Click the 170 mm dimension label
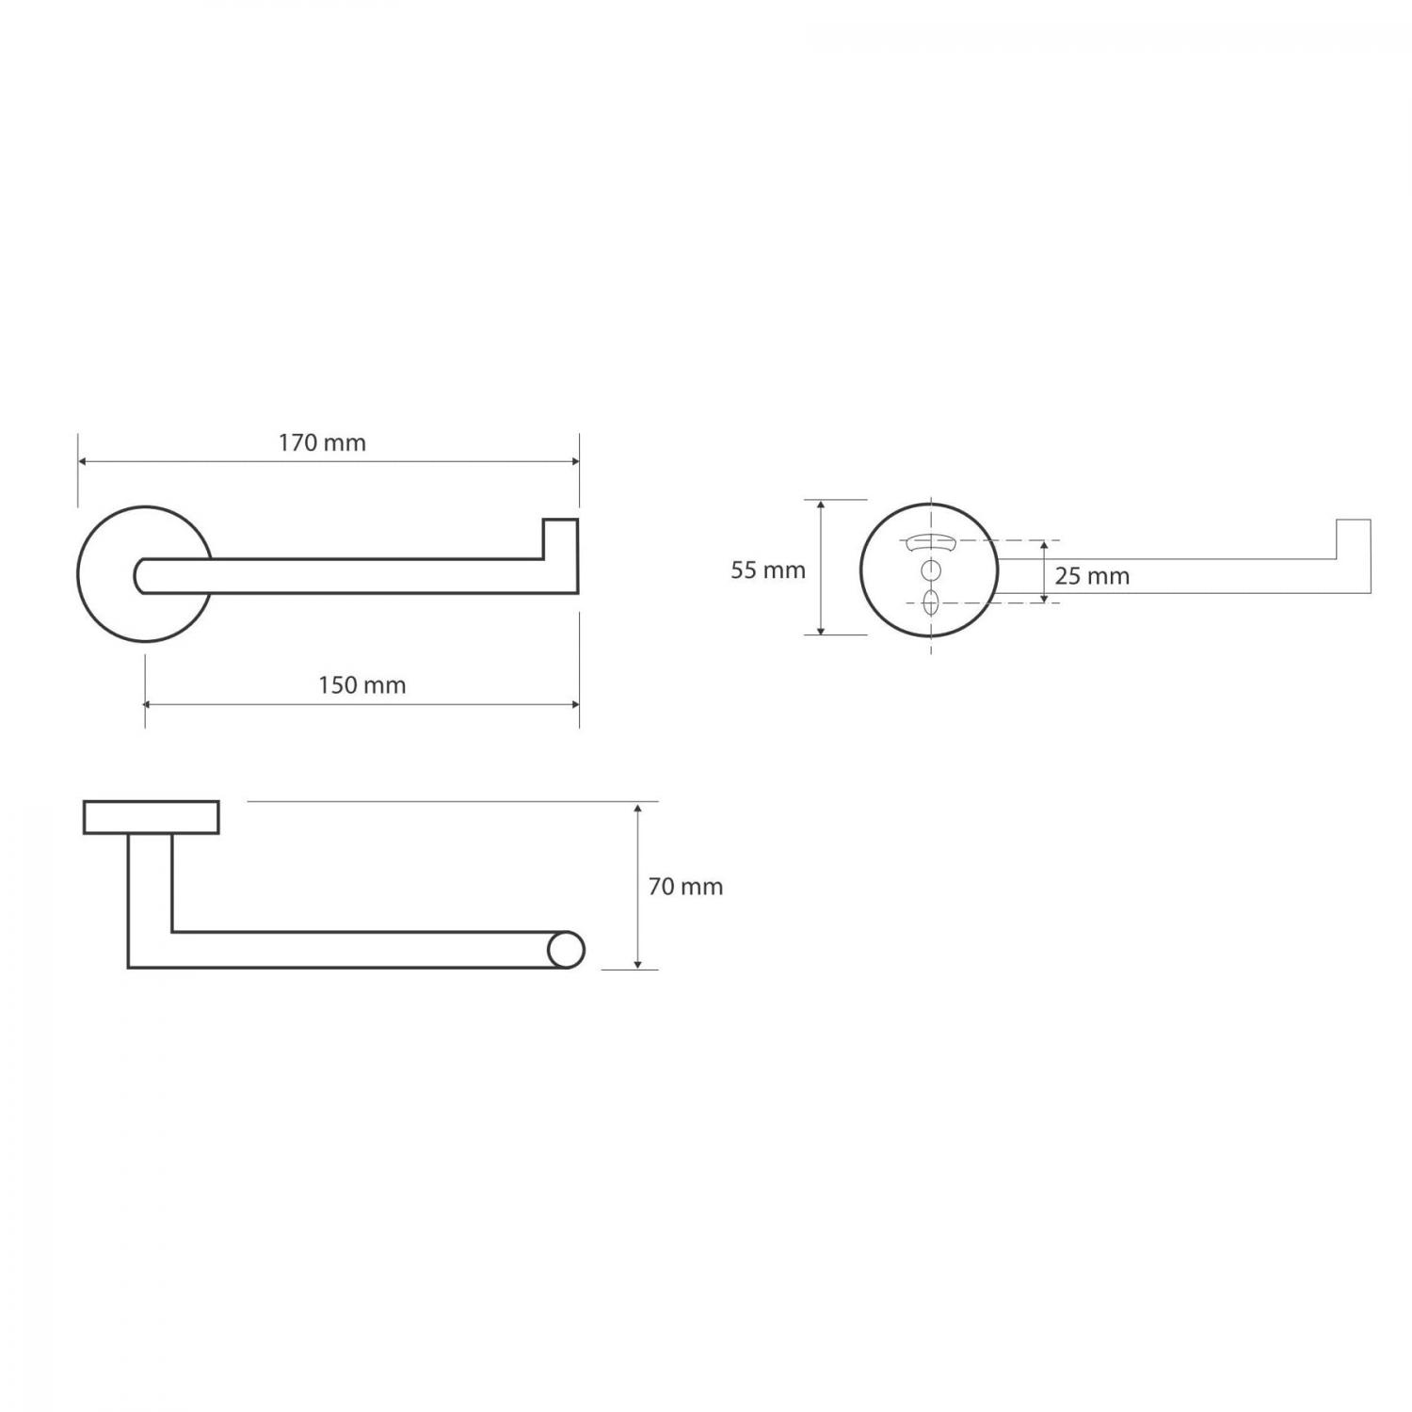click(x=322, y=442)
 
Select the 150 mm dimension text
click(x=362, y=685)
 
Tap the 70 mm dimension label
click(x=686, y=887)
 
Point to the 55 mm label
click(x=768, y=570)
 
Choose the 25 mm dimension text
click(x=1092, y=576)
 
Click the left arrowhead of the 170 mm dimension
click(x=83, y=462)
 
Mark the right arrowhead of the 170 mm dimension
click(x=573, y=462)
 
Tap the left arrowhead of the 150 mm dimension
click(x=151, y=703)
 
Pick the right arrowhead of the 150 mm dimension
click(x=573, y=703)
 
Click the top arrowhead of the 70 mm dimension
click(x=638, y=809)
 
